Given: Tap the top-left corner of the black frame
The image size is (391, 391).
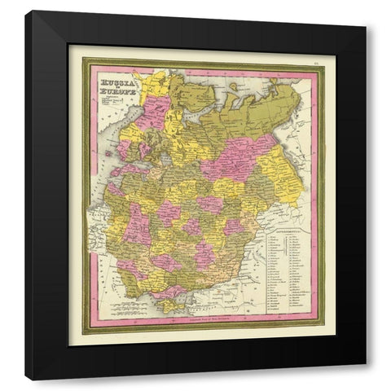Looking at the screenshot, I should pos(26,11).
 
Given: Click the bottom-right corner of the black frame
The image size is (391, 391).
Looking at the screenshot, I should pos(364,378).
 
